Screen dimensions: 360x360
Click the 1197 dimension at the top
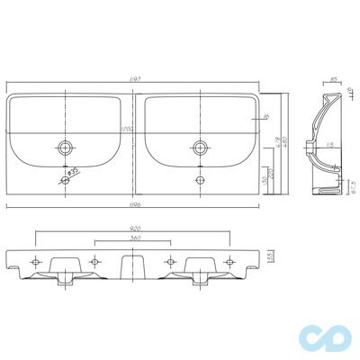(x=136, y=79)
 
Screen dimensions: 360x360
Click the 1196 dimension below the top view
(x=136, y=203)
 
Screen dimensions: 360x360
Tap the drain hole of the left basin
(x=66, y=146)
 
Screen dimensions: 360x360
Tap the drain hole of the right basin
(x=198, y=146)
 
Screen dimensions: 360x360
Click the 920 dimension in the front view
(x=136, y=229)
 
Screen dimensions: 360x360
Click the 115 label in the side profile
(x=329, y=146)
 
